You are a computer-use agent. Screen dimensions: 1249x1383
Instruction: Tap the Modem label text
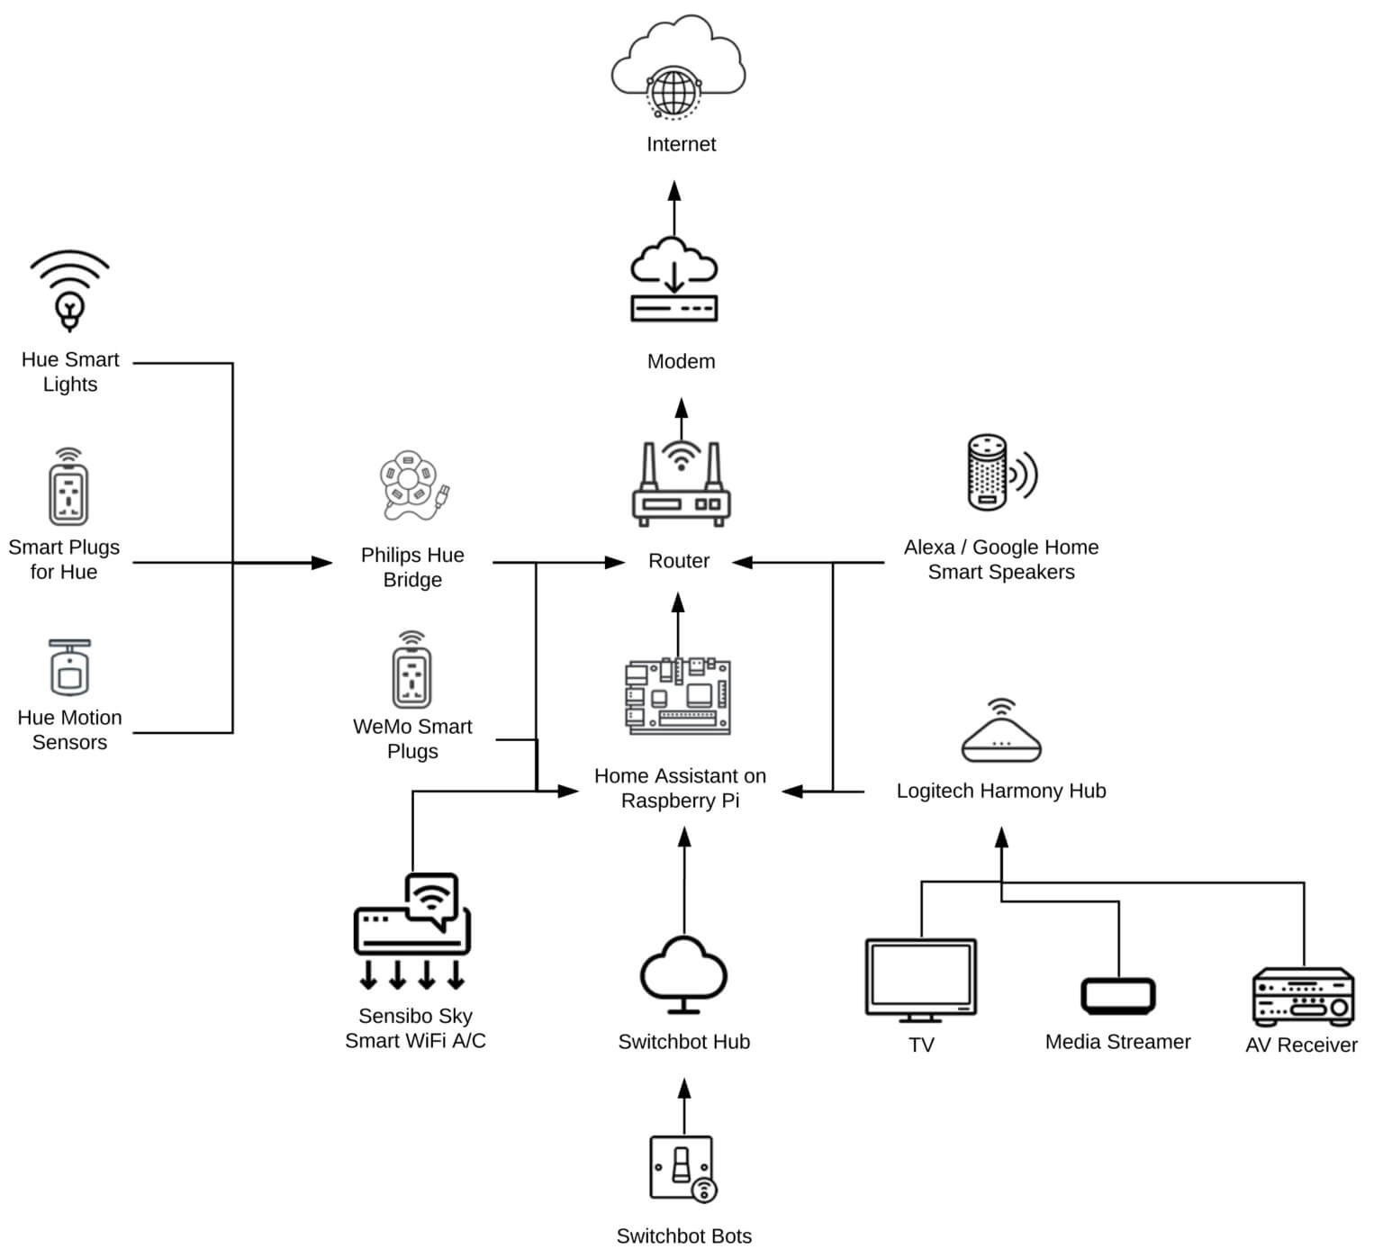coord(681,362)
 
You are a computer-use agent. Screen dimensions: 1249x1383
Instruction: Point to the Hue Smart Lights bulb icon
coord(69,293)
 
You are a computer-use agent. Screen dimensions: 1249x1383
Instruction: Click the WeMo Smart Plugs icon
coord(411,671)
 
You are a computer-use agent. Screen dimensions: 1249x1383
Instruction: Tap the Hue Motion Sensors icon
coord(69,667)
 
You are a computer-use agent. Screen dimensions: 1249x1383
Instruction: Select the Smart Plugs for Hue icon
coord(68,488)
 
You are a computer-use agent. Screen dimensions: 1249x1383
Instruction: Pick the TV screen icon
coord(920,980)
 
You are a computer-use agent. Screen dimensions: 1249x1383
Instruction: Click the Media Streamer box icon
coord(1117,996)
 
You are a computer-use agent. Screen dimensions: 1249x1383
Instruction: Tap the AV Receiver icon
coord(1303,997)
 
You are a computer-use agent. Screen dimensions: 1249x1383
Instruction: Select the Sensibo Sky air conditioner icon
coord(412,933)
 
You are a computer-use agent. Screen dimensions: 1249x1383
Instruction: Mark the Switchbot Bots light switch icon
coord(682,1168)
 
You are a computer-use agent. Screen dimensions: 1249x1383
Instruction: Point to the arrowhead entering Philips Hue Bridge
coord(322,564)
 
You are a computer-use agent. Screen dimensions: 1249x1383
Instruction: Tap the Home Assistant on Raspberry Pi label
coord(680,788)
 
